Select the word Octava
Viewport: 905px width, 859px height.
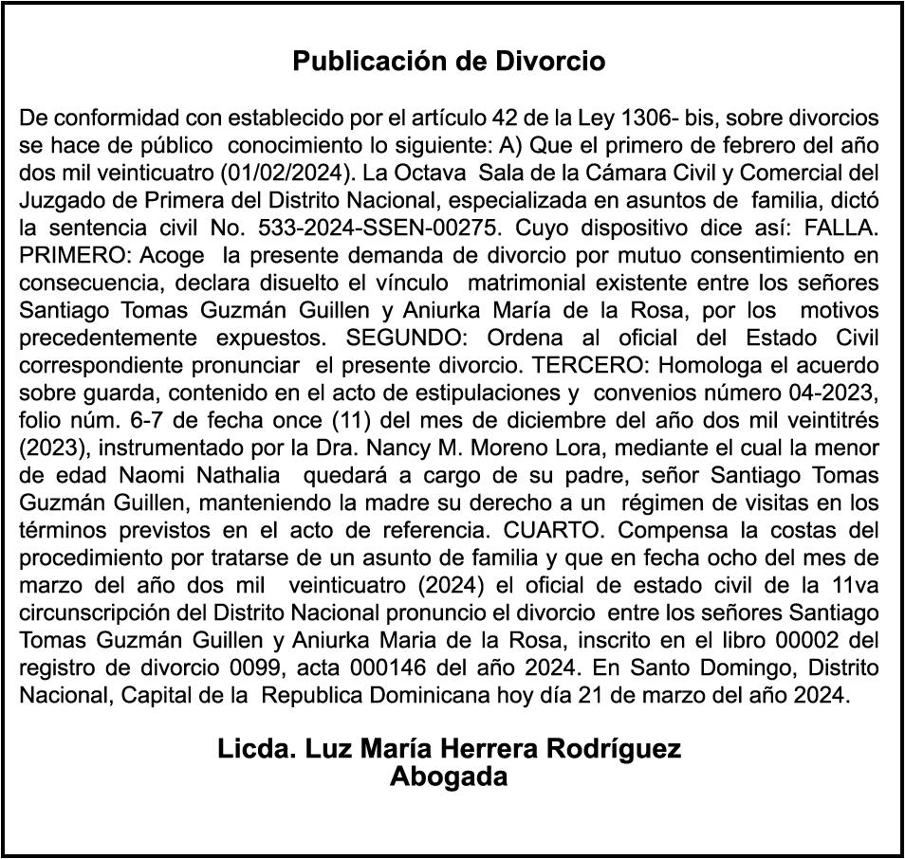click(432, 174)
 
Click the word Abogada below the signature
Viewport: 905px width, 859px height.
click(449, 777)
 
